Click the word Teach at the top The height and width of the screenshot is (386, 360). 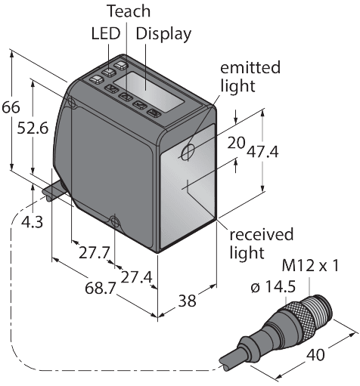click(x=129, y=12)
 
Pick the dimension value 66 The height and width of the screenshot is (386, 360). click(x=11, y=108)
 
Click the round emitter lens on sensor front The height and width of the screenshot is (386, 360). click(x=187, y=153)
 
